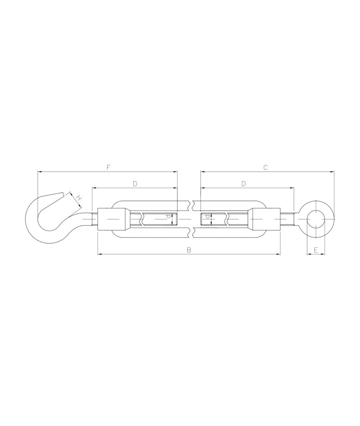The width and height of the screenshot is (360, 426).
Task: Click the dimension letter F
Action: tap(108, 167)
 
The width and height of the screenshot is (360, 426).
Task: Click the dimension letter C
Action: tap(265, 167)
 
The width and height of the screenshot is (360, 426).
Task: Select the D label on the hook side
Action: tap(135, 183)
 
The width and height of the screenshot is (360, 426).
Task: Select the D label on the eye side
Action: tap(244, 183)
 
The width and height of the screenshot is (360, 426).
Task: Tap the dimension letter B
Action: tap(189, 250)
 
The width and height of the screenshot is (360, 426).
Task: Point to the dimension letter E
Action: tap(316, 250)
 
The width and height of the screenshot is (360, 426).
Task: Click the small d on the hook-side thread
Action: tap(168, 219)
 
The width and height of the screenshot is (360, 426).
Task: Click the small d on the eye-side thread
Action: tap(207, 219)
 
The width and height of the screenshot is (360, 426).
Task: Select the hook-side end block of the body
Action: tap(114, 219)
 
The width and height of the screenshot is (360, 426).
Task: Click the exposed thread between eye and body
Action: tap(287, 219)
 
